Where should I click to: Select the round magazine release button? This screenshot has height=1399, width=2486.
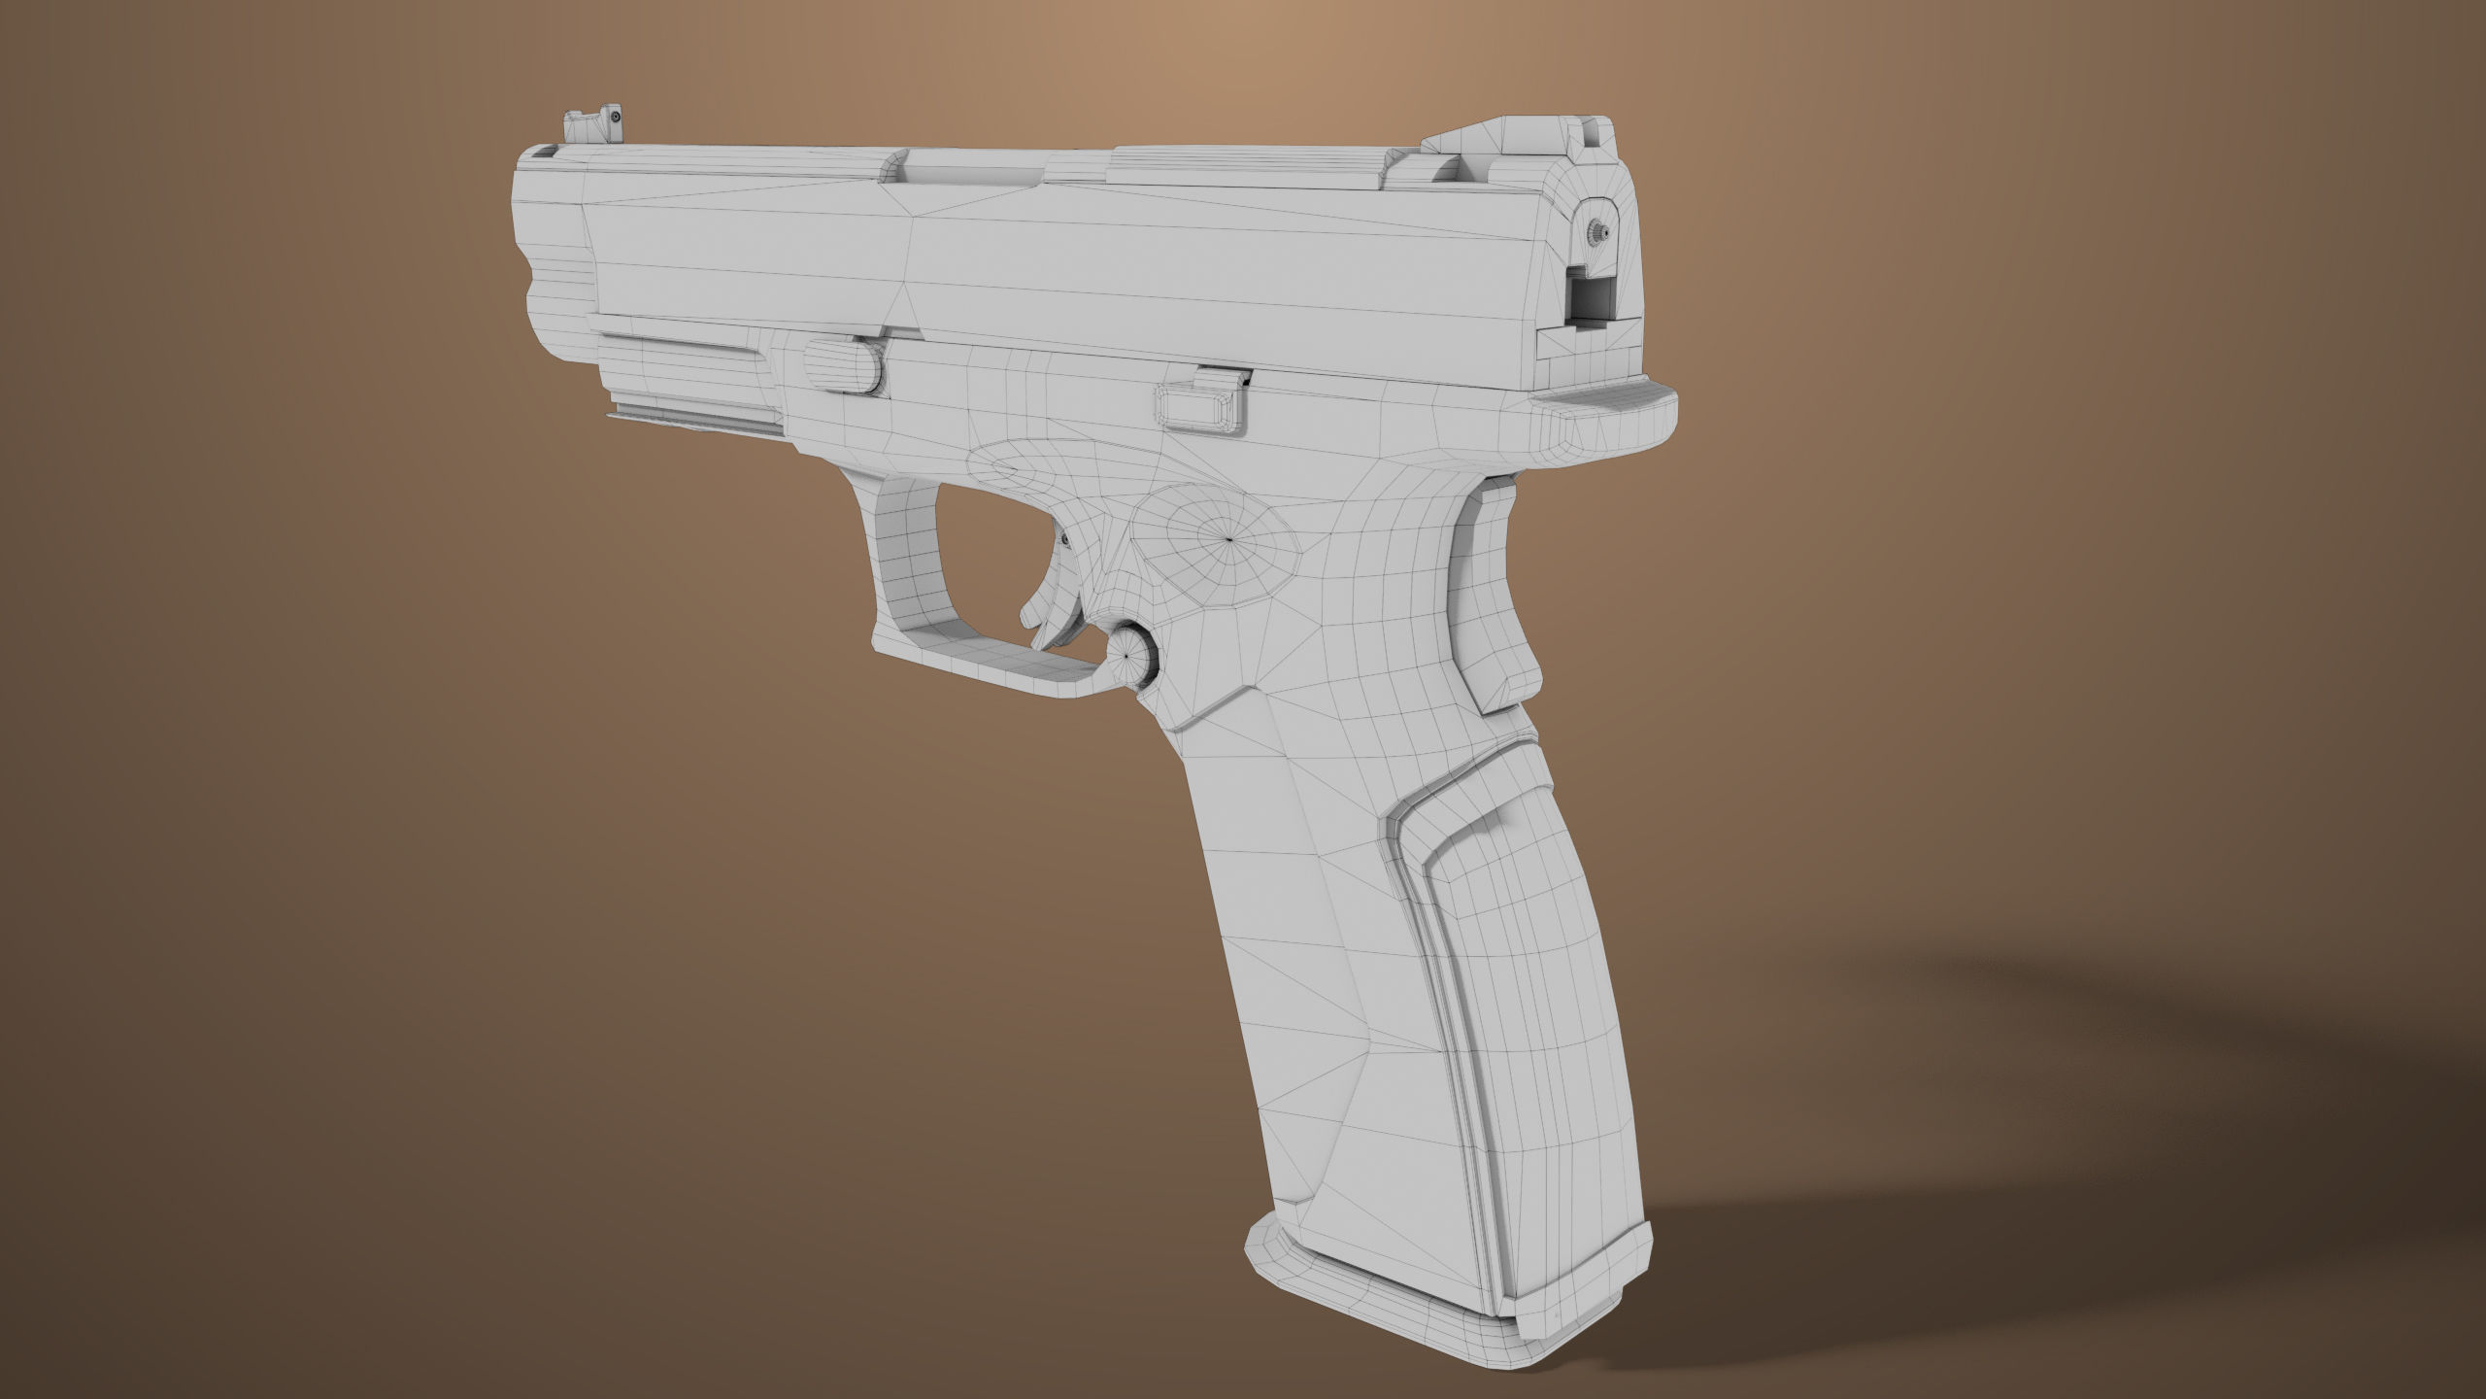pos(1130,655)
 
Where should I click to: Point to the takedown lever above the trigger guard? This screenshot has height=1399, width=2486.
pos(842,364)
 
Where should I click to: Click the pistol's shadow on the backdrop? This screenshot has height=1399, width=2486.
pos(2136,1166)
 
